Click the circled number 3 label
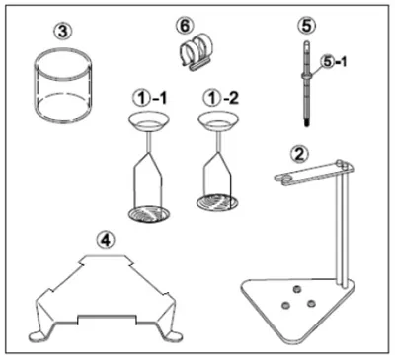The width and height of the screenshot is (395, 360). [63, 32]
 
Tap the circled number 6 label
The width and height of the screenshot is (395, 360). [185, 25]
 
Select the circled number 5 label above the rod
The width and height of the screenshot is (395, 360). [306, 26]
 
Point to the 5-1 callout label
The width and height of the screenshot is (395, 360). [333, 62]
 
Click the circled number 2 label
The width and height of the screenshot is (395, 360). [299, 154]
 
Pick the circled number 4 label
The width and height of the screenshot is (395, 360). [106, 241]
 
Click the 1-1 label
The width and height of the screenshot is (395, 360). [150, 98]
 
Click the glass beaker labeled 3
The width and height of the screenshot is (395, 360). [63, 86]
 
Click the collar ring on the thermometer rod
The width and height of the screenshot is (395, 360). [306, 76]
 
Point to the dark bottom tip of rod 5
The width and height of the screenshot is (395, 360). [306, 124]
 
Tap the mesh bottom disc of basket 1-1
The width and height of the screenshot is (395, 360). [150, 213]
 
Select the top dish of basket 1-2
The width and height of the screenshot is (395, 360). [219, 121]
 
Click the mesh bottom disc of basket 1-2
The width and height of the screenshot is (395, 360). [218, 202]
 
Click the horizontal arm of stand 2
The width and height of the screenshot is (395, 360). [314, 173]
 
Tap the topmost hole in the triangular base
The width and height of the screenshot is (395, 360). [297, 289]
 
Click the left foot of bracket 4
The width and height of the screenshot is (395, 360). [37, 335]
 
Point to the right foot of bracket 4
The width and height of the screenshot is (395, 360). [173, 335]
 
